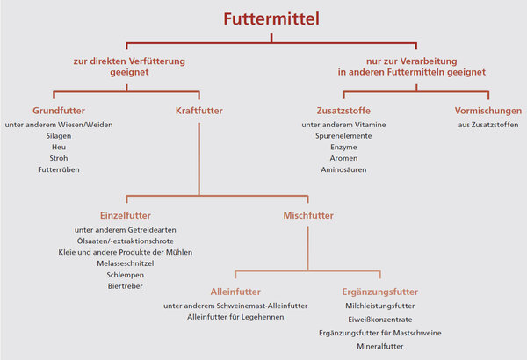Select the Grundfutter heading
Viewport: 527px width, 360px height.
59,112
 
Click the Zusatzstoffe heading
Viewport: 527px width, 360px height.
343,112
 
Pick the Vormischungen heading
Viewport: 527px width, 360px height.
487,112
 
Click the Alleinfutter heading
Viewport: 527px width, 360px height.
235,291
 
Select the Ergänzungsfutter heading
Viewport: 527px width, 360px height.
380,291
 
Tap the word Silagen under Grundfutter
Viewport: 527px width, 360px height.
59,136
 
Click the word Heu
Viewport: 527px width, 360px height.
59,147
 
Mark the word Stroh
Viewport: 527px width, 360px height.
59,158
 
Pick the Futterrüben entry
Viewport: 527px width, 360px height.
59,169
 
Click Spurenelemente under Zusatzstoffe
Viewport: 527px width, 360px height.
343,136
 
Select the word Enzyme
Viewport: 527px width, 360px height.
343,147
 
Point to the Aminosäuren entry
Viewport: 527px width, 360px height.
343,169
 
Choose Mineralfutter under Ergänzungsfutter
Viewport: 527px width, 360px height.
380,347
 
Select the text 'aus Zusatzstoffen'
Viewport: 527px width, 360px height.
487,125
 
